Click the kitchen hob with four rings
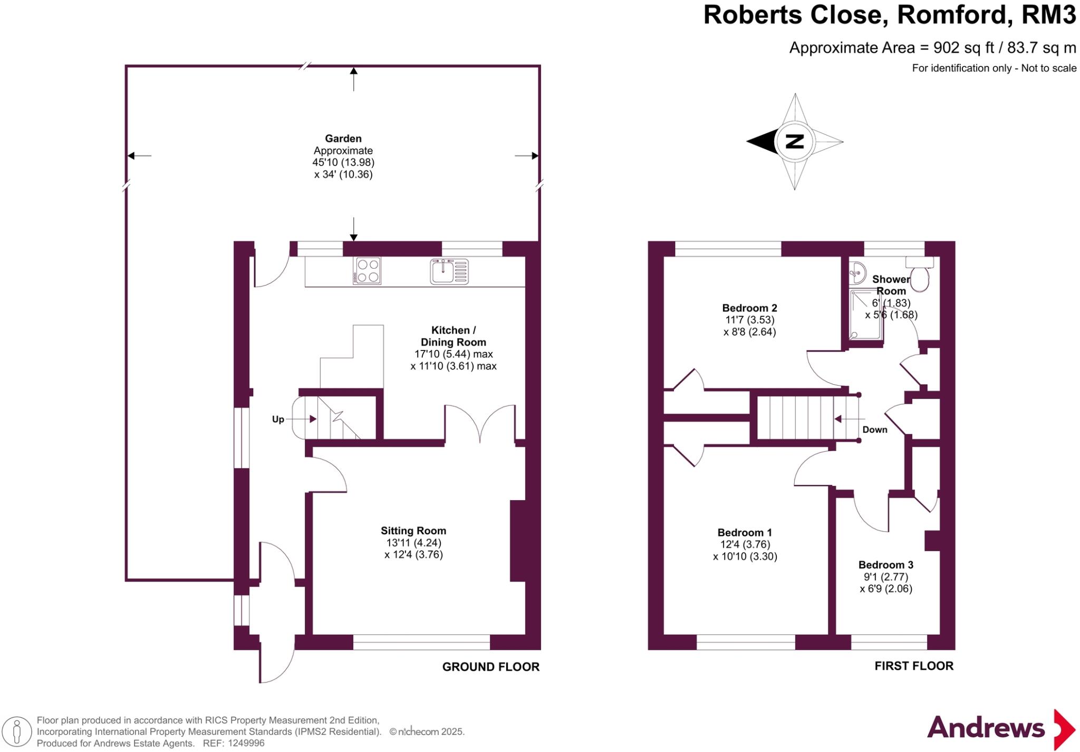(368, 271)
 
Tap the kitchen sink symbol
(449, 271)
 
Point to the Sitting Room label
(413, 531)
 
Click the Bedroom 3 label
(886, 565)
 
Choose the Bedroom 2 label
(749, 308)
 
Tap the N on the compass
(795, 141)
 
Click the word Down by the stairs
(875, 429)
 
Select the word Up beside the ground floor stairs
(278, 419)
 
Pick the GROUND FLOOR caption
(491, 667)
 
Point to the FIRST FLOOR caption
(914, 666)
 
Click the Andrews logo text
(986, 728)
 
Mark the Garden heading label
(343, 139)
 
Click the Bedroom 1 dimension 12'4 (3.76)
(745, 544)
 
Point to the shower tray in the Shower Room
(866, 315)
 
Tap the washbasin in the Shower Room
(857, 273)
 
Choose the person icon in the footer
(17, 732)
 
